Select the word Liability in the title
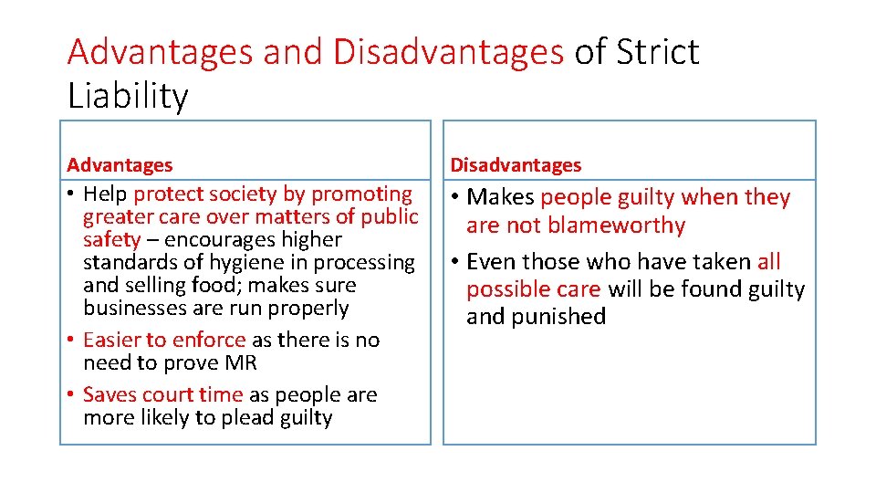click(128, 96)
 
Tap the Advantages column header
click(120, 165)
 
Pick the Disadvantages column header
click(515, 165)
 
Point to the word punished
click(562, 317)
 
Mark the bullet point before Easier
click(71, 341)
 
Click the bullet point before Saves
click(71, 395)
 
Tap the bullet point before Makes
click(454, 198)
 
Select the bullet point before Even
click(454, 262)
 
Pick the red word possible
click(505, 289)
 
